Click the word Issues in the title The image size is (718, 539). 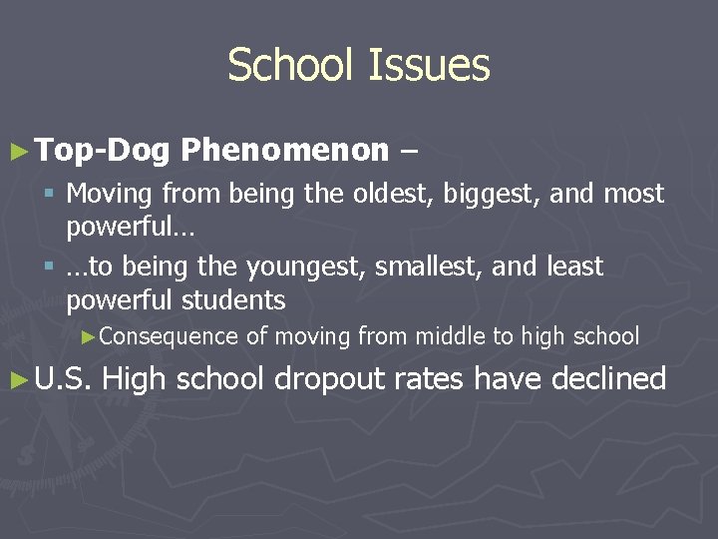coord(430,66)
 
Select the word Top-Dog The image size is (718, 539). coord(104,151)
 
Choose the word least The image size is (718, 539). coord(575,267)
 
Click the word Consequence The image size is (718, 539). coord(169,337)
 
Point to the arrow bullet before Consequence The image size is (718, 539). coord(88,337)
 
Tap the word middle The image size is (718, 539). coord(450,337)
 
